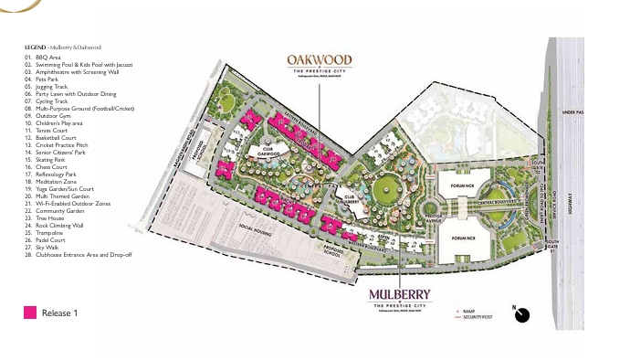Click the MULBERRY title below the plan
coord(401,294)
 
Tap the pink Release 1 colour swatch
coord(30,313)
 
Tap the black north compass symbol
coord(522,314)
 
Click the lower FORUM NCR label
coord(463,238)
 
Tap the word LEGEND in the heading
coord(35,47)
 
